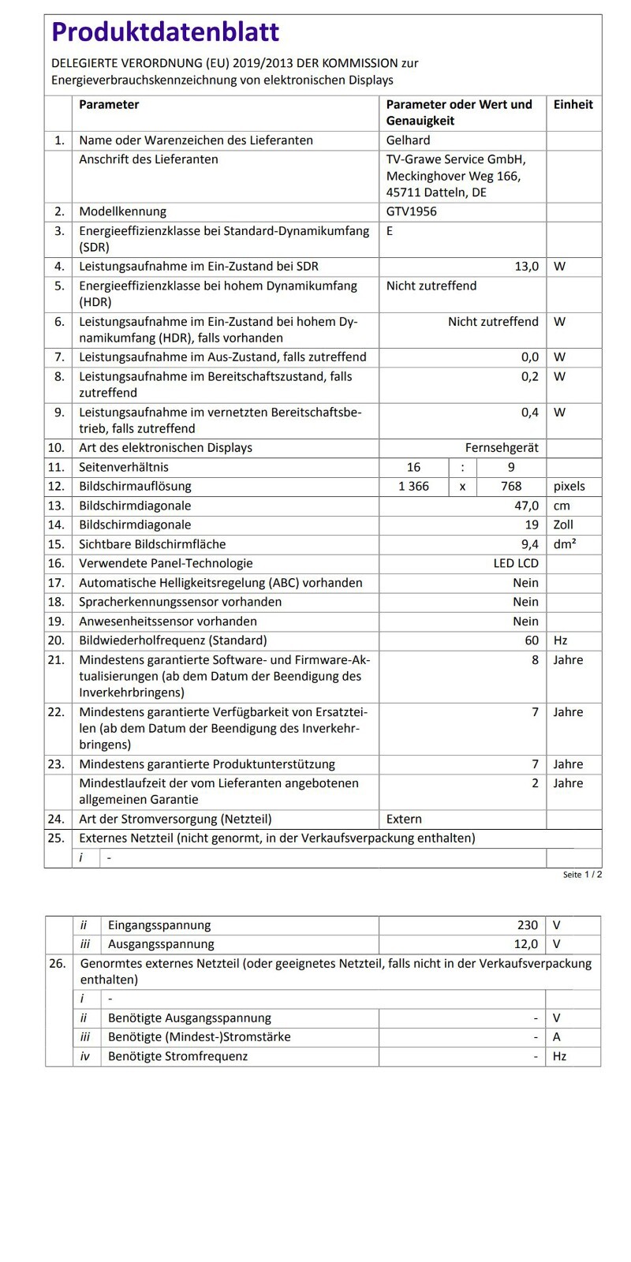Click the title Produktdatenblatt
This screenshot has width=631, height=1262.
pyautogui.click(x=166, y=32)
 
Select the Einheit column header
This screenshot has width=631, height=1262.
pyautogui.click(x=573, y=104)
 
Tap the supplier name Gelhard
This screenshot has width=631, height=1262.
pyautogui.click(x=408, y=140)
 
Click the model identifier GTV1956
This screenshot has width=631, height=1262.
pyautogui.click(x=411, y=211)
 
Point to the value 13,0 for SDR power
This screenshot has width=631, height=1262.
pyautogui.click(x=526, y=267)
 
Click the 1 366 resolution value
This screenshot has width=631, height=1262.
pyautogui.click(x=413, y=487)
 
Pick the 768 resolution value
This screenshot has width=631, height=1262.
pyautogui.click(x=511, y=487)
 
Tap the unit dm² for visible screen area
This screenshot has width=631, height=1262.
pyautogui.click(x=564, y=544)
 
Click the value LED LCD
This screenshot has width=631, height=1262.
pyautogui.click(x=516, y=563)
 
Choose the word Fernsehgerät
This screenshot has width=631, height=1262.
pyautogui.click(x=502, y=448)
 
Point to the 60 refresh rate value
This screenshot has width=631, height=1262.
pyautogui.click(x=532, y=640)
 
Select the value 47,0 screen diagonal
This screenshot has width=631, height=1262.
pyautogui.click(x=526, y=506)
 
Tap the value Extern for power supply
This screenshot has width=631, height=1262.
pyautogui.click(x=404, y=819)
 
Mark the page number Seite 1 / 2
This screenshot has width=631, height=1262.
pyautogui.click(x=582, y=875)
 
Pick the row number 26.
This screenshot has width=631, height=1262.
pyautogui.click(x=58, y=963)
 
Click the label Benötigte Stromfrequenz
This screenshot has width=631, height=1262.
pyautogui.click(x=177, y=1056)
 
